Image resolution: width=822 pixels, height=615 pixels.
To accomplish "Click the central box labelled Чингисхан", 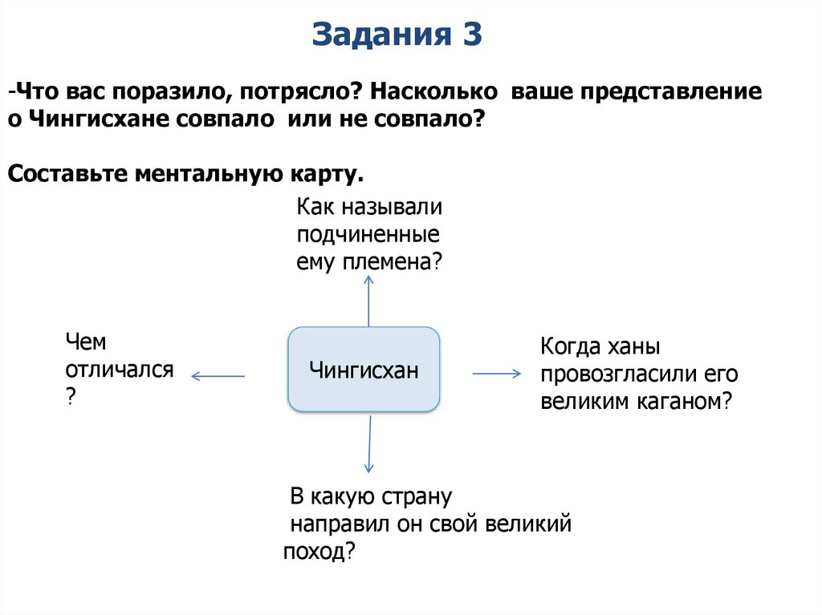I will pyautogui.click(x=364, y=370).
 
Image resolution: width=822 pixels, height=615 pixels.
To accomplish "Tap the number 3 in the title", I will pyautogui.click(x=471, y=35).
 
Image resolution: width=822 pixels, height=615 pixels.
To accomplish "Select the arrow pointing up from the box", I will pyautogui.click(x=368, y=300).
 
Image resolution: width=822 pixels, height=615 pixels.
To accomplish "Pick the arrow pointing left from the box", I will pyautogui.click(x=218, y=375).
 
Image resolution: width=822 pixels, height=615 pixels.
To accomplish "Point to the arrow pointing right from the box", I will pyautogui.click(x=497, y=374).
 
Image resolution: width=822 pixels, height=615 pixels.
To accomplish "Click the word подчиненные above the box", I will pyautogui.click(x=368, y=234).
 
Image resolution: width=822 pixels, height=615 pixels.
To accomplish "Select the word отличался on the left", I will pyautogui.click(x=120, y=370).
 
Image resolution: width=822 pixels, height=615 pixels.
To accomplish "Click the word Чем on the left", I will pyautogui.click(x=86, y=342).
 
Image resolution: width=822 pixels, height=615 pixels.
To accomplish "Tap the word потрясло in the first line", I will pyautogui.click(x=298, y=91).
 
